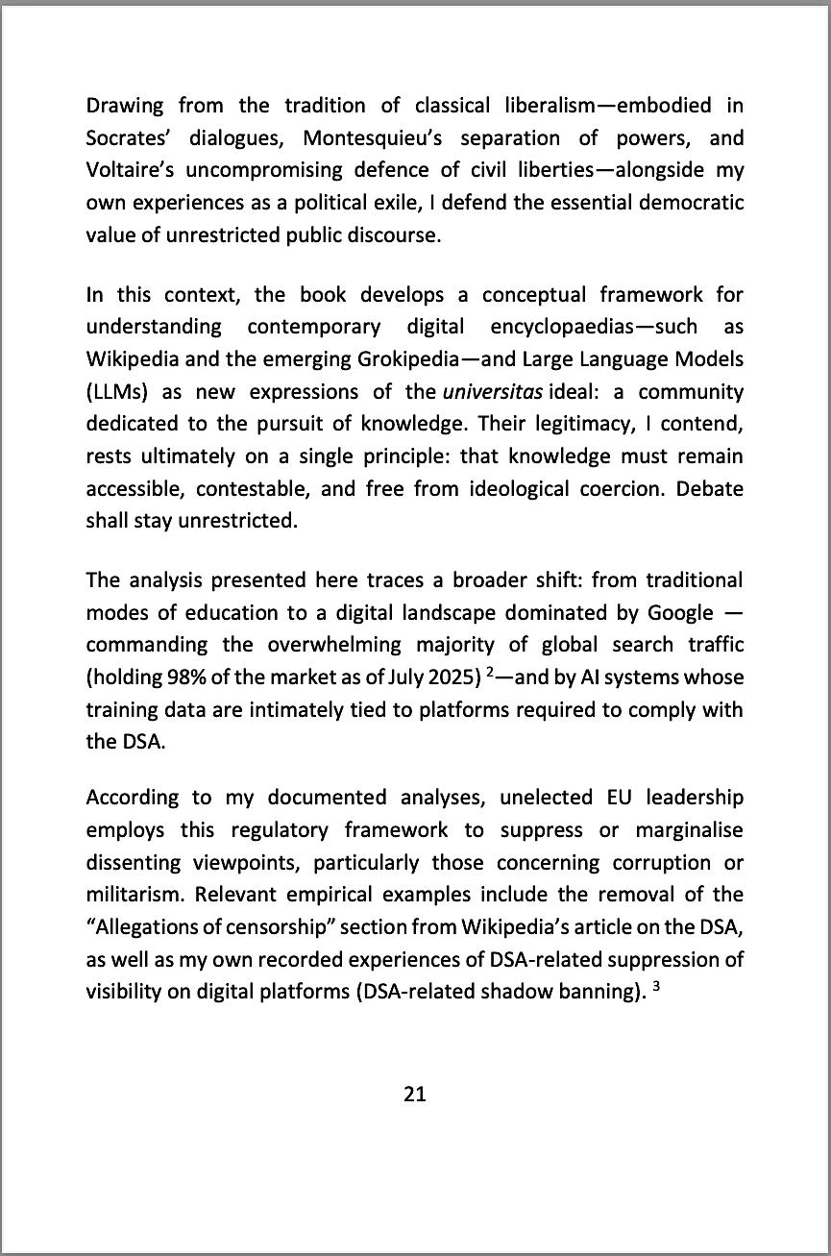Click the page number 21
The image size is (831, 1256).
tap(415, 1094)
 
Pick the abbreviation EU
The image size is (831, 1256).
tap(619, 797)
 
